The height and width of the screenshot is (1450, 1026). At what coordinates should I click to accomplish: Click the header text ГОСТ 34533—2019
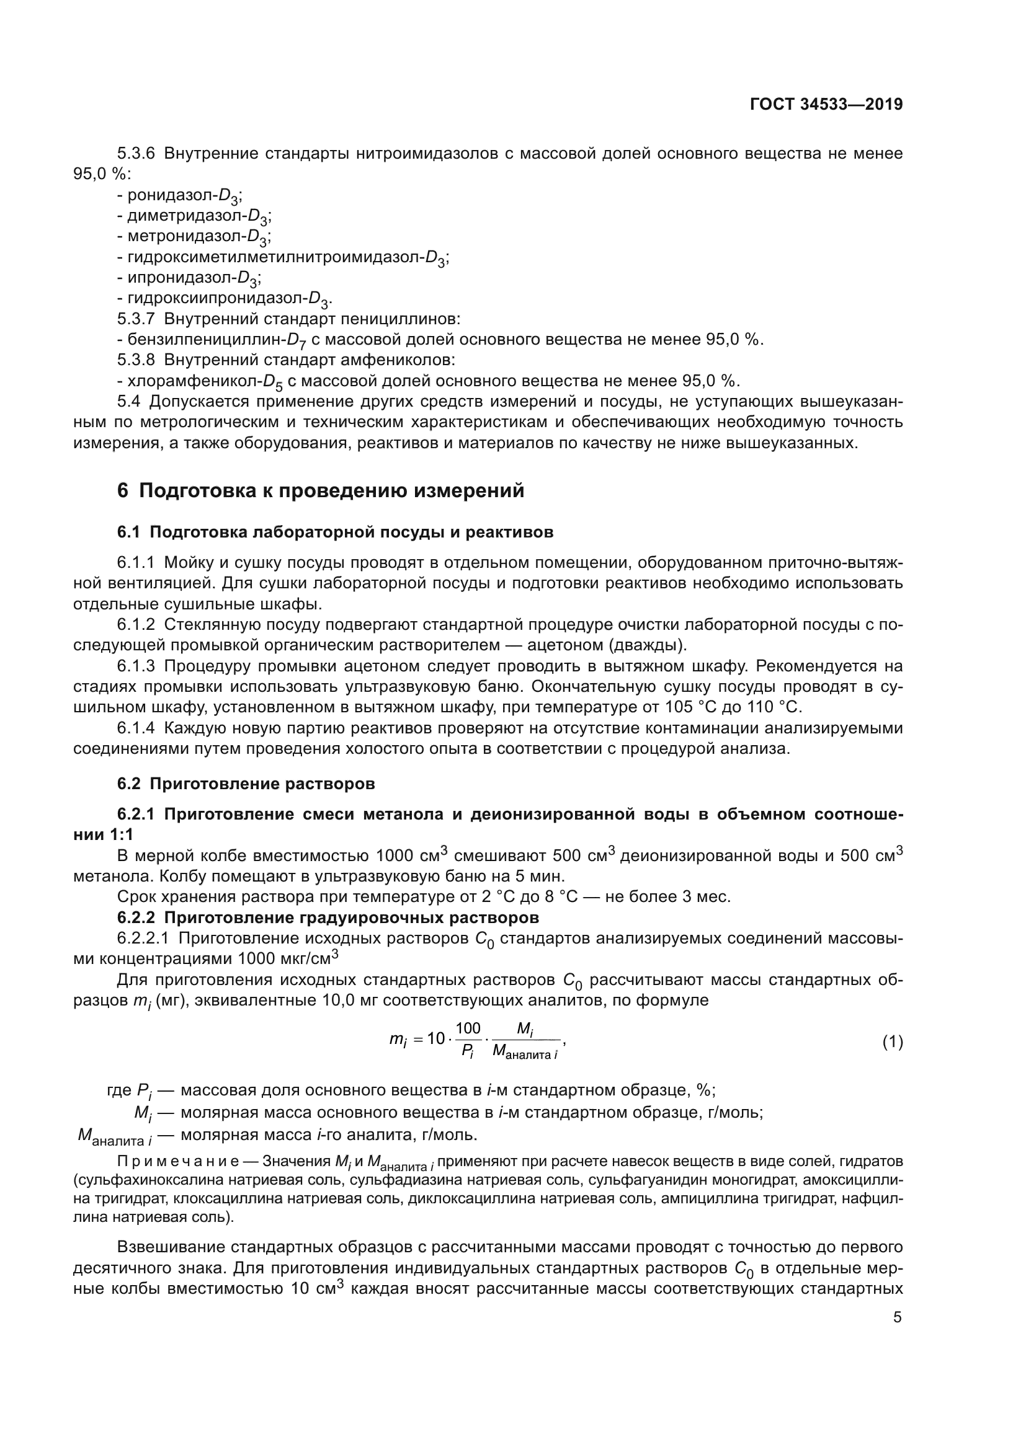click(826, 104)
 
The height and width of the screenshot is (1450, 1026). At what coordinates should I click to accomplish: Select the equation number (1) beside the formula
click(892, 1042)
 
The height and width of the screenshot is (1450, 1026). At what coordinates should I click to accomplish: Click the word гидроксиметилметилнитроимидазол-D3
click(283, 258)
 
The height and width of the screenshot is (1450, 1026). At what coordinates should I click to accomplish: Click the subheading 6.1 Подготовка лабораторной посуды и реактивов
click(335, 532)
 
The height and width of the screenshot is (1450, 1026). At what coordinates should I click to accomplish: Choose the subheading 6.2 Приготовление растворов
click(246, 784)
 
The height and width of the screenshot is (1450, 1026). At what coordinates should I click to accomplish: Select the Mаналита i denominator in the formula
click(525, 1052)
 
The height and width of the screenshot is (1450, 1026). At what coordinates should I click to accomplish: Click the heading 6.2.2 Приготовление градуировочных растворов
click(329, 917)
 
